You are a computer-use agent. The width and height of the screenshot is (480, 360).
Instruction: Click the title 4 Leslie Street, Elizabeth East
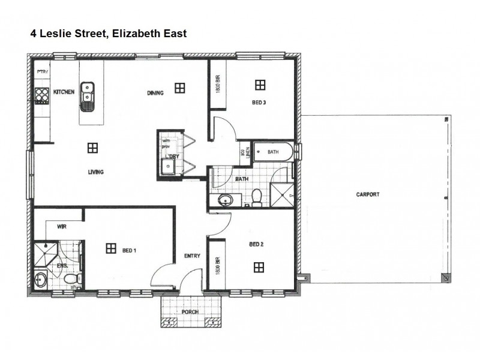109,34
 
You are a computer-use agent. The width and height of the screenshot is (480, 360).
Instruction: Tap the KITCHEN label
64,92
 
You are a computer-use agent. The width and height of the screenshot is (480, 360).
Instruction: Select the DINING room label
155,93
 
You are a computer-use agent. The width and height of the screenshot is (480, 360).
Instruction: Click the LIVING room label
95,172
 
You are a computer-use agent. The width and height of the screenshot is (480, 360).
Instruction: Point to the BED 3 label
259,103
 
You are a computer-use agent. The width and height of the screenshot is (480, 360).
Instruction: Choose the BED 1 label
129,250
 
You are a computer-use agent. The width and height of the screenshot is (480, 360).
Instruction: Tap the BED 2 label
256,244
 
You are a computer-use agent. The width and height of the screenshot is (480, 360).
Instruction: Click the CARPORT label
368,194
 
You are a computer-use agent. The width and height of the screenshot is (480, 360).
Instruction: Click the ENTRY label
192,256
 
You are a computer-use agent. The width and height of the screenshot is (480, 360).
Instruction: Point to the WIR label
61,227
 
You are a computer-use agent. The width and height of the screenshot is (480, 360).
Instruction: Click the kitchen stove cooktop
41,95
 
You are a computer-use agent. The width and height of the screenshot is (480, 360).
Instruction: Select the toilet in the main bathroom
257,197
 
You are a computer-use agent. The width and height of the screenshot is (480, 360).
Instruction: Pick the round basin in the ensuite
41,279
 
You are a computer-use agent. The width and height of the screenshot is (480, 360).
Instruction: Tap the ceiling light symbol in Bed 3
260,85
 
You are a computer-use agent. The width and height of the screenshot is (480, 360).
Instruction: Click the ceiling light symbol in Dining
179,88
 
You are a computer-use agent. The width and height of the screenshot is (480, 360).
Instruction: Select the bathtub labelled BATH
273,152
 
